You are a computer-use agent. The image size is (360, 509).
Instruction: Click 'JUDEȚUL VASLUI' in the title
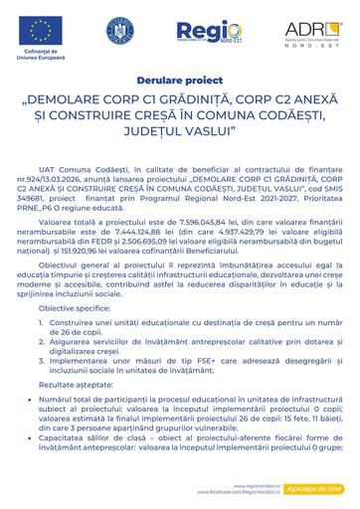click(180, 128)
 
